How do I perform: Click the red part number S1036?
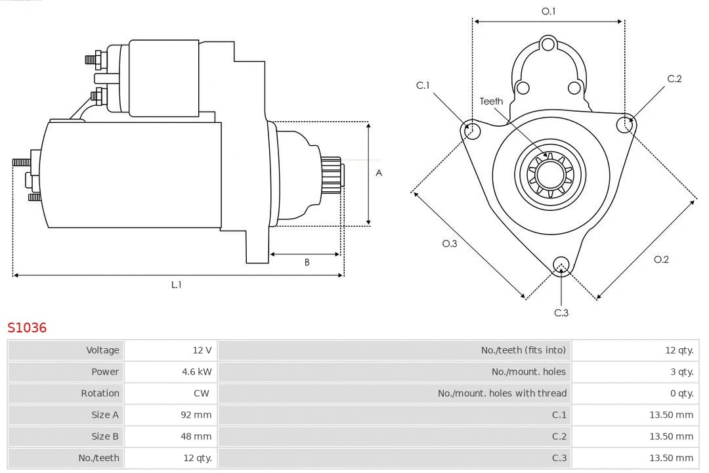[27, 327]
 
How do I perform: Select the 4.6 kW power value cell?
[196, 372]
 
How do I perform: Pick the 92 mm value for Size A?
[196, 415]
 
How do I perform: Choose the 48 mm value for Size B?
[196, 436]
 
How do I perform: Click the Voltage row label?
[102, 350]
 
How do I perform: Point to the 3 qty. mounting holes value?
[681, 372]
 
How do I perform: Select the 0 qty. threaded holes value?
[681, 394]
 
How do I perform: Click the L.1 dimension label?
[177, 284]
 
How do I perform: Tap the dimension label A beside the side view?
[379, 173]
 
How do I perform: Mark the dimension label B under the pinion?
[307, 263]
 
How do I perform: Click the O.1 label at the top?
[548, 11]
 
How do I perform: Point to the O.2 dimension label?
[661, 259]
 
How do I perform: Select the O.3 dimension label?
[449, 244]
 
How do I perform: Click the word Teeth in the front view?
[491, 101]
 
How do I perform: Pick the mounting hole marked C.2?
[625, 124]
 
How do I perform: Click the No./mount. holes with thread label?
[502, 394]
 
